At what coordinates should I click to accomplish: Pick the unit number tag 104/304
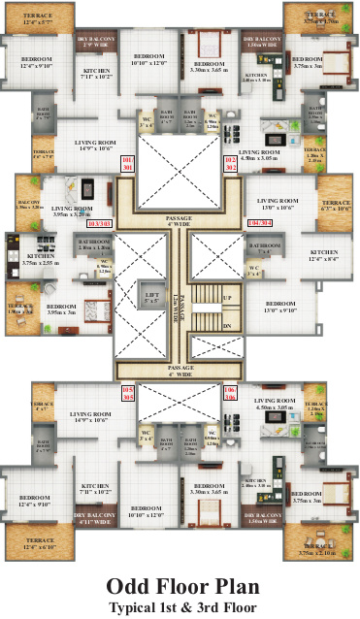tap(261, 222)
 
